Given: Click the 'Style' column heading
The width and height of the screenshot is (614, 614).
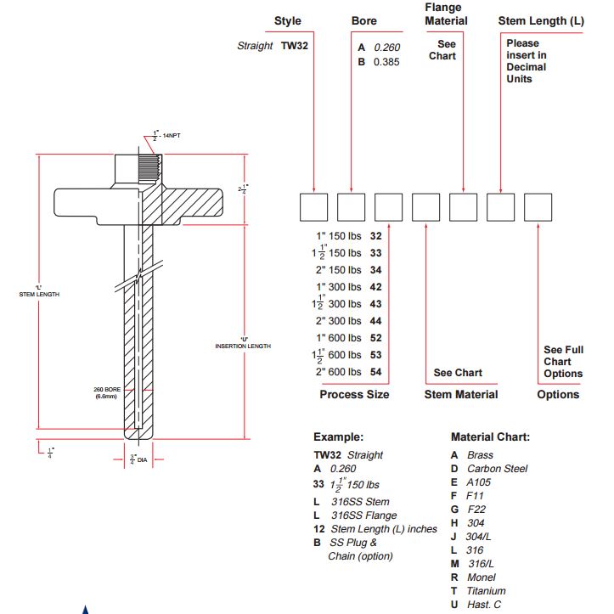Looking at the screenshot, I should (x=287, y=20).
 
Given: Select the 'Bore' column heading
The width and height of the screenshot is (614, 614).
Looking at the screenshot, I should (x=364, y=20).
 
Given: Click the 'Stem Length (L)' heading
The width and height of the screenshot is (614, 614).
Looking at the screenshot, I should (x=541, y=20).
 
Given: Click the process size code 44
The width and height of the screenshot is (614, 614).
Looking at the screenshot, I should (x=376, y=321).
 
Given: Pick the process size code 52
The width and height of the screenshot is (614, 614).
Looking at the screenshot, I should (x=376, y=338).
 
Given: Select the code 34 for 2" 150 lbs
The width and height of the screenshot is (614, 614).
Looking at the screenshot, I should (x=376, y=270).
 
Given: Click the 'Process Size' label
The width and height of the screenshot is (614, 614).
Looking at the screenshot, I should (x=354, y=394).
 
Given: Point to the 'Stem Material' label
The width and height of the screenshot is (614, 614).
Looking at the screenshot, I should (x=461, y=394).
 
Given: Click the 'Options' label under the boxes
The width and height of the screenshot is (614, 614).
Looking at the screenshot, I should (x=558, y=394).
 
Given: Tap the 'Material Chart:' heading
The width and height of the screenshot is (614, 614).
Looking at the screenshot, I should (x=490, y=437).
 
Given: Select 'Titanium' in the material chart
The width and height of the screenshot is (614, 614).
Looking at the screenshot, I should (x=486, y=590).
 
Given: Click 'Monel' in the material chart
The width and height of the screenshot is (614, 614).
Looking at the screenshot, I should (x=481, y=577).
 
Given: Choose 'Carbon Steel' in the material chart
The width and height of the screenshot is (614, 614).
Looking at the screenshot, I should (x=497, y=468).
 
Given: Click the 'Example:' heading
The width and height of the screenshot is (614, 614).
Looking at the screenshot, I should (x=338, y=437).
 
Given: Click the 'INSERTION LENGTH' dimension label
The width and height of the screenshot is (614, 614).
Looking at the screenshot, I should (x=243, y=346).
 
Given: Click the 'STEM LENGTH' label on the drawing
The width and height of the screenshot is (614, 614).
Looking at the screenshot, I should (x=39, y=294).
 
